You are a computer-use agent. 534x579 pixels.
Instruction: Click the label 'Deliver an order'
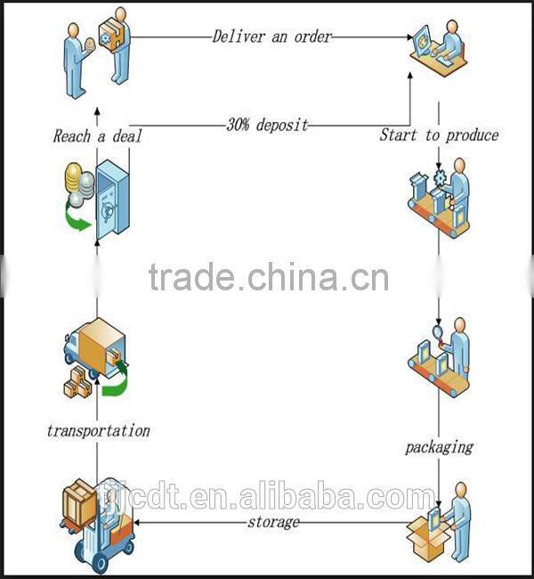click(272, 37)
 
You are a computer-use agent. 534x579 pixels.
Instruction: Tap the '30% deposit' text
click(267, 125)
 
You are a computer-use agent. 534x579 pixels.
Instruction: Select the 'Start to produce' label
click(439, 135)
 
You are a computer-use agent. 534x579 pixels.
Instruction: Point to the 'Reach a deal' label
click(97, 136)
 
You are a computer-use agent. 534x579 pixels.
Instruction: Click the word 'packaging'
click(439, 447)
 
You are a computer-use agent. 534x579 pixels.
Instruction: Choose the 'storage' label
click(273, 522)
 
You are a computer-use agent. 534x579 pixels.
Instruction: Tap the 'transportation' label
click(99, 431)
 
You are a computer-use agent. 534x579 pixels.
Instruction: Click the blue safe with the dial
click(113, 200)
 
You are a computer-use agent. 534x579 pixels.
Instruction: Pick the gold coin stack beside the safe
click(74, 176)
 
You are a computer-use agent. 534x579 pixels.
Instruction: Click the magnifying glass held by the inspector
click(439, 332)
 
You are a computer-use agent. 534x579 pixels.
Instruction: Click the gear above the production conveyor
click(440, 178)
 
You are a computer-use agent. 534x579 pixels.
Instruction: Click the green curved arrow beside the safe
click(77, 218)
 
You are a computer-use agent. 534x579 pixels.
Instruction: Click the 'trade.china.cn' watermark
click(269, 276)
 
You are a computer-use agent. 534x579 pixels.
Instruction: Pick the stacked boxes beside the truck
click(77, 383)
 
